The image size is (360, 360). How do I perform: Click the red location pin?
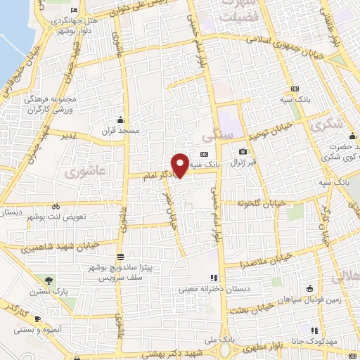pos(181,165)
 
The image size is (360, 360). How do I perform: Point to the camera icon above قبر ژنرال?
pos(243,152)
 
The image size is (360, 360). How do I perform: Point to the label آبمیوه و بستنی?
pos(43,330)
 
